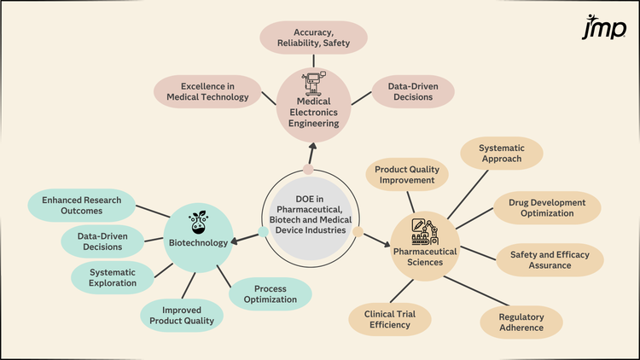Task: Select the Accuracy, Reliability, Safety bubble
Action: (314, 38)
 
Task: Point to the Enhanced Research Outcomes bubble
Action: (81, 205)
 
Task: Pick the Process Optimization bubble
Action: (270, 294)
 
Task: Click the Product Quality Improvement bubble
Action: (406, 174)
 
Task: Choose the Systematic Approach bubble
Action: (502, 154)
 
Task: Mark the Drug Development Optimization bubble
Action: (547, 208)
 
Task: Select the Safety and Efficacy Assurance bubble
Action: (556, 260)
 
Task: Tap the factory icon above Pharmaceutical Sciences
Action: (424, 229)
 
